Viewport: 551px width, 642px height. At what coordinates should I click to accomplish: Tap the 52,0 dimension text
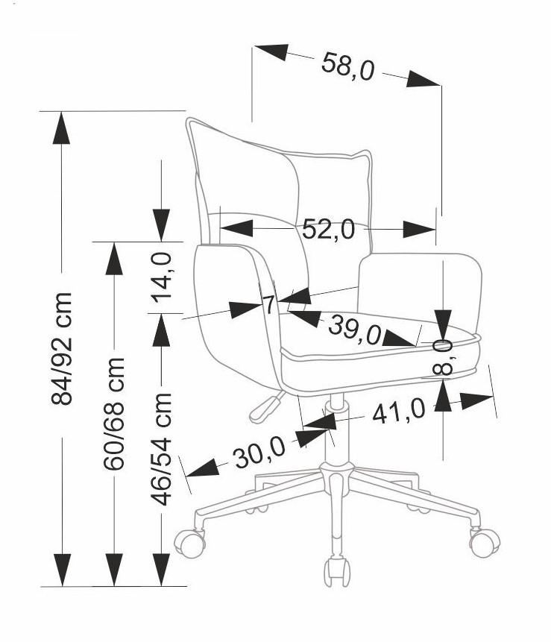pos(328,229)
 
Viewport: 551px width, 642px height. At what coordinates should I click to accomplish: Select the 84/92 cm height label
pos(62,348)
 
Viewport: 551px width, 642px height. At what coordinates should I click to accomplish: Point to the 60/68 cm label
pos(114,414)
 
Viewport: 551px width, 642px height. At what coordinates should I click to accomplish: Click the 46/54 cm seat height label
pos(160,449)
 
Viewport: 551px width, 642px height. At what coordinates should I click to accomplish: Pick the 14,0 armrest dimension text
pos(161,277)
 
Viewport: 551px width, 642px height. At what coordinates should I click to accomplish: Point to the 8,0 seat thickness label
pos(443,357)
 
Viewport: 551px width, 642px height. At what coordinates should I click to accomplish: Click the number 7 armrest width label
pos(268,305)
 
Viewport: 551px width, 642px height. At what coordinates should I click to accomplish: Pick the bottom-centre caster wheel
pos(337,572)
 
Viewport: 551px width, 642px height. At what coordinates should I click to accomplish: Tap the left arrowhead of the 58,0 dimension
pos(271,51)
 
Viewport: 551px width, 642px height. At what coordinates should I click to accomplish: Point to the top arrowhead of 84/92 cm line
pos(62,128)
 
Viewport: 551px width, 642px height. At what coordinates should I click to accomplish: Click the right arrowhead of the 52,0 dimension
pos(419,229)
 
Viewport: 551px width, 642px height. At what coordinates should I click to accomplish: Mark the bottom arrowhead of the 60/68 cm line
pos(114,570)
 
